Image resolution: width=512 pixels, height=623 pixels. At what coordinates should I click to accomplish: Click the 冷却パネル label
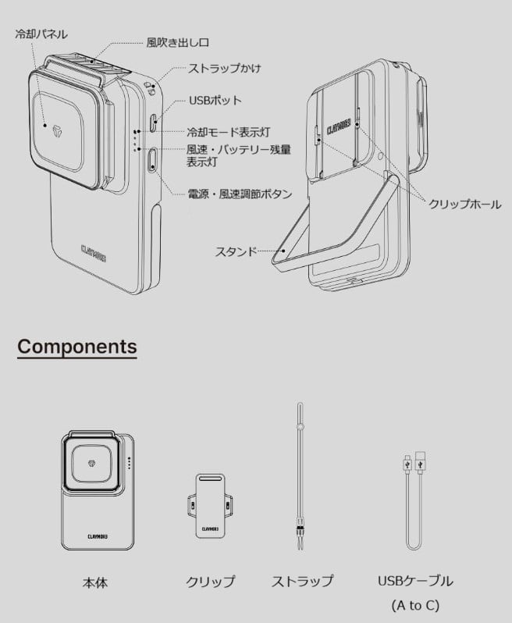(41, 34)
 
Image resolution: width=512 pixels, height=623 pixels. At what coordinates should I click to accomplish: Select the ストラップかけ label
(224, 69)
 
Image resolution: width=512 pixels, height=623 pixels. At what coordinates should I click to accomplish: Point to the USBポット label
(215, 101)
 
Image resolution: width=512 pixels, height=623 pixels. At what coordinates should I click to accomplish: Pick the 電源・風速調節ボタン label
(240, 193)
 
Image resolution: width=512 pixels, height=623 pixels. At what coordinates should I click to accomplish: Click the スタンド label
(236, 252)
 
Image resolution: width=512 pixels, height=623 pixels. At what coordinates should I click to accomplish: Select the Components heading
(76, 347)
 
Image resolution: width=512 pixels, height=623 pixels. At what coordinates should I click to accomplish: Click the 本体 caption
(94, 582)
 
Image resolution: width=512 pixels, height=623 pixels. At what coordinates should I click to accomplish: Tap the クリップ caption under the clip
(209, 582)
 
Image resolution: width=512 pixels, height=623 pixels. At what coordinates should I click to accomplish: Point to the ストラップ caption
(302, 582)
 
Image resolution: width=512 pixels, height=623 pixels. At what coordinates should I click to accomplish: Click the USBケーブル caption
(414, 582)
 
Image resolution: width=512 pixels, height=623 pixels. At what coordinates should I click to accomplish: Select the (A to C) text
(414, 606)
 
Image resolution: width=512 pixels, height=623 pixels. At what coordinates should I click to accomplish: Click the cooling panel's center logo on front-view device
(46, 125)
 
